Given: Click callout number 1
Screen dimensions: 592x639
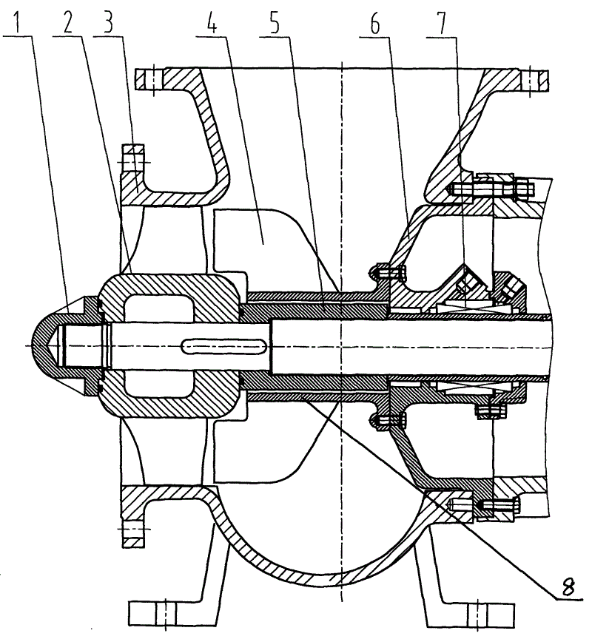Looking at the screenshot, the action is (17, 23).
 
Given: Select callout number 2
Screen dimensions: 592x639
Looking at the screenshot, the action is (67, 23).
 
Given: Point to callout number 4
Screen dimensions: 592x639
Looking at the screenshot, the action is (211, 23).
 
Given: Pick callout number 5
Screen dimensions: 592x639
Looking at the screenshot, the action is (275, 23).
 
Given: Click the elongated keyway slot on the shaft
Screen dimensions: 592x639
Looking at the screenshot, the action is (224, 346).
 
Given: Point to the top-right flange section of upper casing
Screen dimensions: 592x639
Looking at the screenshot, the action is (535, 80).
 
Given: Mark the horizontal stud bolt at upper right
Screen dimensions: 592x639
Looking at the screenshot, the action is (491, 189).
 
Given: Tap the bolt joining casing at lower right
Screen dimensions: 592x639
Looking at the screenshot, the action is (485, 506).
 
